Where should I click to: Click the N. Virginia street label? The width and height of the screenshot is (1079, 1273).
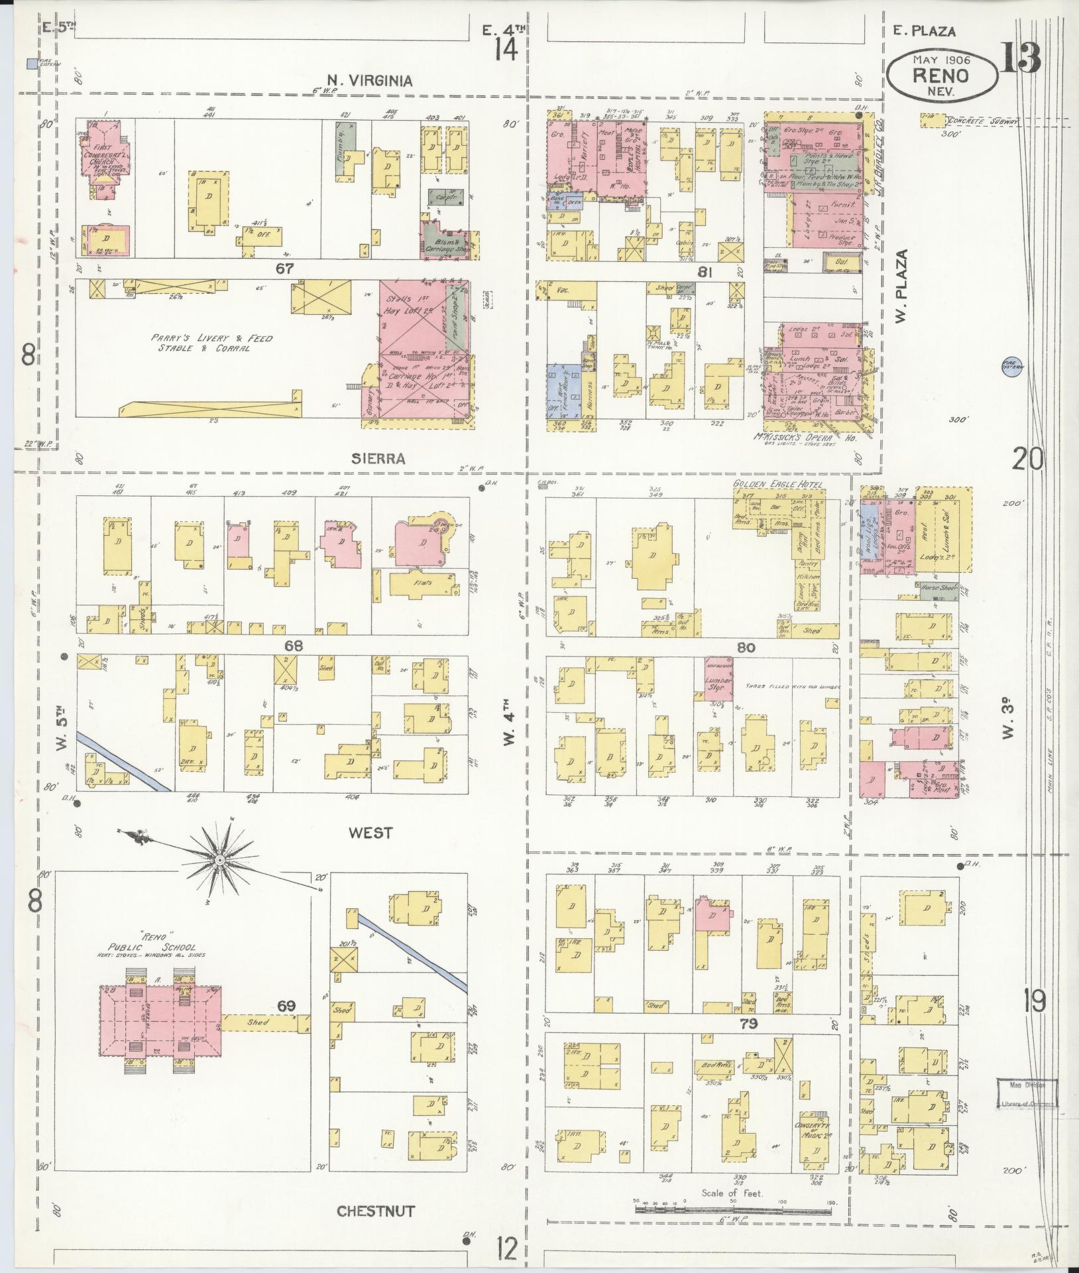click(x=367, y=81)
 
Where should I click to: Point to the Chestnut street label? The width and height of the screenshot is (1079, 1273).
click(x=376, y=1211)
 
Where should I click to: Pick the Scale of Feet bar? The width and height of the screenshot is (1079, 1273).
click(x=732, y=1209)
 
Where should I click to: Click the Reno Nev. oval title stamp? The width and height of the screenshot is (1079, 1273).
click(x=941, y=76)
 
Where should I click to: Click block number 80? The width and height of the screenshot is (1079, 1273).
click(x=746, y=646)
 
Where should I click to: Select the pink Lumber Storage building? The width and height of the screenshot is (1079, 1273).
click(x=718, y=678)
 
